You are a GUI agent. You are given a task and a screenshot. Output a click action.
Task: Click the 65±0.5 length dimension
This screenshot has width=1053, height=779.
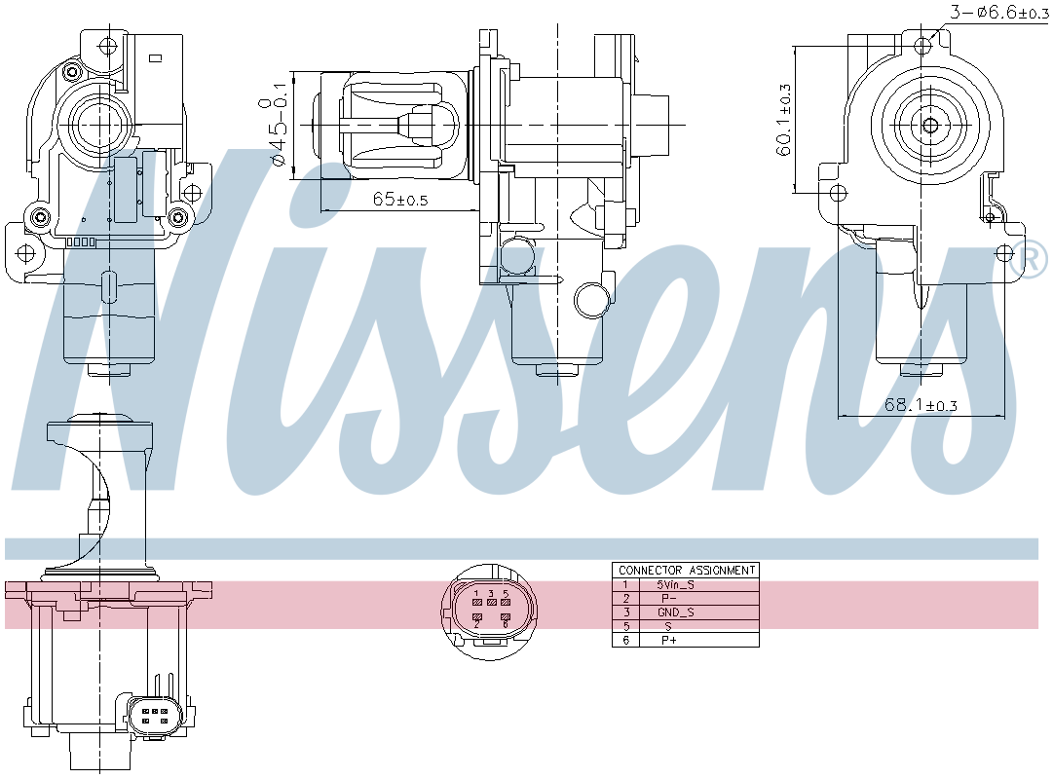click(x=400, y=200)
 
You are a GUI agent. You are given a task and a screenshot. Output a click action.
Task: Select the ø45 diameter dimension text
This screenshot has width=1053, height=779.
click(x=280, y=131)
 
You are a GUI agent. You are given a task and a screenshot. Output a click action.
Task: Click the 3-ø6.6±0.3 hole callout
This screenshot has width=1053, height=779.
click(x=998, y=12)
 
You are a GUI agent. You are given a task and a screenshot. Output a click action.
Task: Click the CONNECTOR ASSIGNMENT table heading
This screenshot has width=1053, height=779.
click(x=686, y=570)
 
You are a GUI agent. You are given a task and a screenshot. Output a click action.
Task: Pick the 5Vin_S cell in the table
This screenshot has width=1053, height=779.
click(x=676, y=584)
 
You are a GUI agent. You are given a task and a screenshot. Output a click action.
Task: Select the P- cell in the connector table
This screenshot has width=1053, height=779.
click(x=668, y=598)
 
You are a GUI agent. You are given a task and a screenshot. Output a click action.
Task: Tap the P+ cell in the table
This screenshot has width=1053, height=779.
click(x=668, y=640)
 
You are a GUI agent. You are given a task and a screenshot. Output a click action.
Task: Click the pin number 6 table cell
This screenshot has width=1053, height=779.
click(x=625, y=640)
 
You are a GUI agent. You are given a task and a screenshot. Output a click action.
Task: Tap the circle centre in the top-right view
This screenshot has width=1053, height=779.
click(x=929, y=125)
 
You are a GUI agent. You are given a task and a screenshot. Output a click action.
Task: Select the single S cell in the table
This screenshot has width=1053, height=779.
click(x=668, y=626)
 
